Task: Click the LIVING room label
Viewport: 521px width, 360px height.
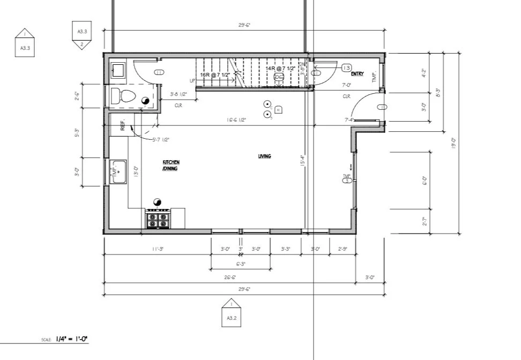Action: tap(264, 156)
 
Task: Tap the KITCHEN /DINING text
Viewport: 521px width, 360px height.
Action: tap(171, 165)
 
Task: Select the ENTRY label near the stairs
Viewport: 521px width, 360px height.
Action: tap(358, 74)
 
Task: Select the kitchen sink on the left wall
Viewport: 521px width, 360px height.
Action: tap(118, 171)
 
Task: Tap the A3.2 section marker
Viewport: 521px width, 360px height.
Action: tap(232, 314)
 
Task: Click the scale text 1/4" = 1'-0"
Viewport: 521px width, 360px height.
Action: tap(71, 339)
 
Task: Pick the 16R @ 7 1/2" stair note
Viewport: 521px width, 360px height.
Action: tap(215, 75)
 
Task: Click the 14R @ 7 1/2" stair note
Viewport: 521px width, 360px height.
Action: tap(279, 69)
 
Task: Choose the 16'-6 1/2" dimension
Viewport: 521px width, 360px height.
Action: tap(236, 120)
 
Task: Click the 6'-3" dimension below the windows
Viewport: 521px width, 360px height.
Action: tap(241, 264)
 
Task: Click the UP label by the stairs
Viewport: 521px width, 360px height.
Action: tap(192, 80)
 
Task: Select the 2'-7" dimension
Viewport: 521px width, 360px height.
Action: tap(425, 221)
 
